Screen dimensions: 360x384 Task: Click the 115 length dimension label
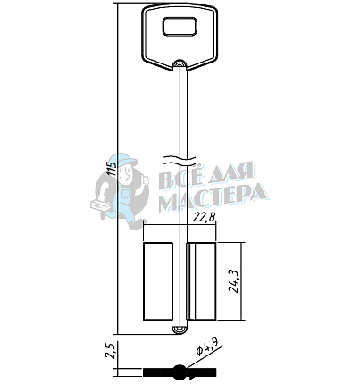pos(112,168)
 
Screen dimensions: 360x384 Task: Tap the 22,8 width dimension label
pos(204,218)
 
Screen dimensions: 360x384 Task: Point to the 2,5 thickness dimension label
pos(111,351)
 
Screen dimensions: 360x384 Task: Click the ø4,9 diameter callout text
pos(207,347)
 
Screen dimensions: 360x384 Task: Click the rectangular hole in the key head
pos(180,27)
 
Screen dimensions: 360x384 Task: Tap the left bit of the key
pos(158,281)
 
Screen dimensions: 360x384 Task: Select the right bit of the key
pos(202,281)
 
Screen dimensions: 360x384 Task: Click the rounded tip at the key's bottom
pos(180,329)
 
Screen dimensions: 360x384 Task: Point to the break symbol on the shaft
pos(180,161)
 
